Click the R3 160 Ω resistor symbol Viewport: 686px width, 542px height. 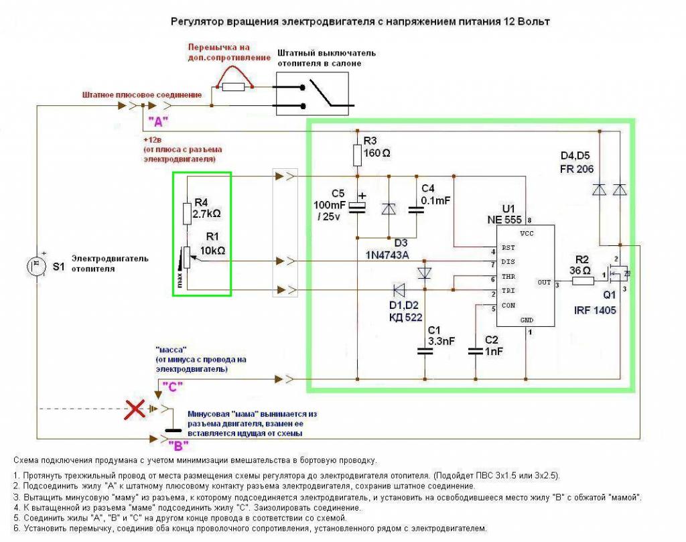coord(357,155)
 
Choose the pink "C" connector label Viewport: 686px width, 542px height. coord(173,387)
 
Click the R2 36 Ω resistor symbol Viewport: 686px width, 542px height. coord(584,282)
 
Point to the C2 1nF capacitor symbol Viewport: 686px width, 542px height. coord(475,351)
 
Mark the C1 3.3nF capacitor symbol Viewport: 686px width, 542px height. coord(422,350)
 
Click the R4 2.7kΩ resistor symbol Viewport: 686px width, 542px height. coord(188,214)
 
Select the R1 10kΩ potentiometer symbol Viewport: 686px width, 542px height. coord(188,258)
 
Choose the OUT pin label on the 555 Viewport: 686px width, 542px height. coord(543,283)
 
